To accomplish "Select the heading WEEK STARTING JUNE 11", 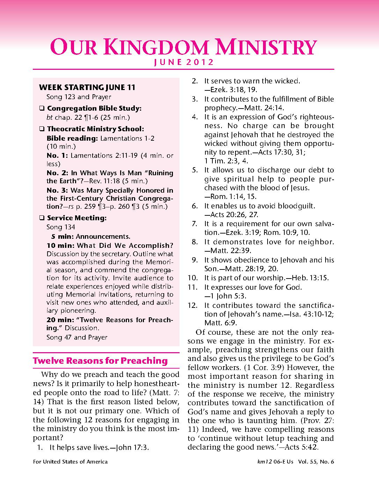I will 87,87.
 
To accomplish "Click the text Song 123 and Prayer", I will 79,97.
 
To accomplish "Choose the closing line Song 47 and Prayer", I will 77,337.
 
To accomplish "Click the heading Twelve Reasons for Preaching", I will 100,361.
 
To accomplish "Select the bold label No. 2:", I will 58,173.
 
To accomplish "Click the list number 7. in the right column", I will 195,224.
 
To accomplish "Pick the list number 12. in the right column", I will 193,305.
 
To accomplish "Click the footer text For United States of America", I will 70,462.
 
